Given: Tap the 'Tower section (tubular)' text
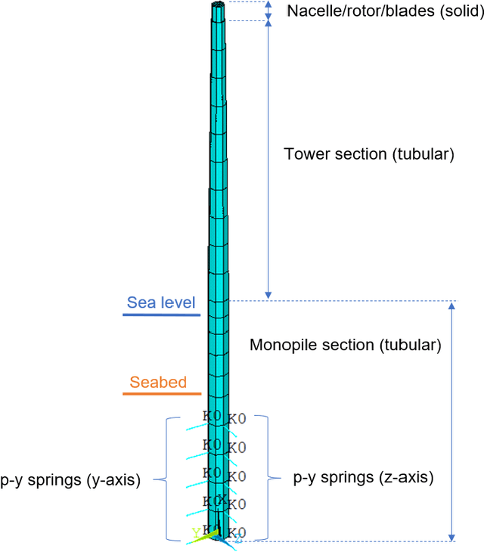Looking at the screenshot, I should (x=368, y=154).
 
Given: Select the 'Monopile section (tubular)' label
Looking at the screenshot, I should (x=345, y=346).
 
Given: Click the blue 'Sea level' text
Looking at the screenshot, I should (x=161, y=303).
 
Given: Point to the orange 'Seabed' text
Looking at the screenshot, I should (x=158, y=383).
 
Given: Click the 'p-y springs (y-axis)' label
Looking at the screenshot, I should (x=70, y=479).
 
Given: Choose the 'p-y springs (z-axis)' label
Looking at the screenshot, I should (x=363, y=478).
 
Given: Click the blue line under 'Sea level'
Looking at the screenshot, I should (x=161, y=315).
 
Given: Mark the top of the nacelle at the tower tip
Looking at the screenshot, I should (x=218, y=5).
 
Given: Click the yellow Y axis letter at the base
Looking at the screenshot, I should (x=196, y=532).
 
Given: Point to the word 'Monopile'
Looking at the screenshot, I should (x=281, y=346).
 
